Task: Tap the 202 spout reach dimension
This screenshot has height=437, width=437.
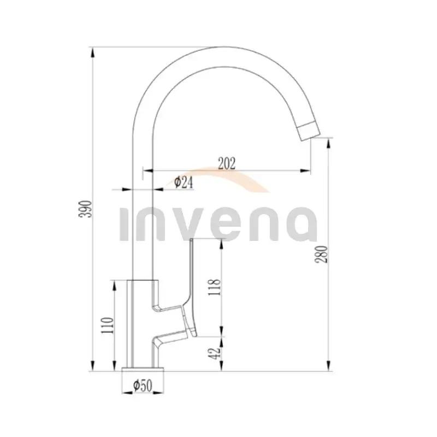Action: pos(227,163)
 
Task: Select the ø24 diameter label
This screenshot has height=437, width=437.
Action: pos(184,182)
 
